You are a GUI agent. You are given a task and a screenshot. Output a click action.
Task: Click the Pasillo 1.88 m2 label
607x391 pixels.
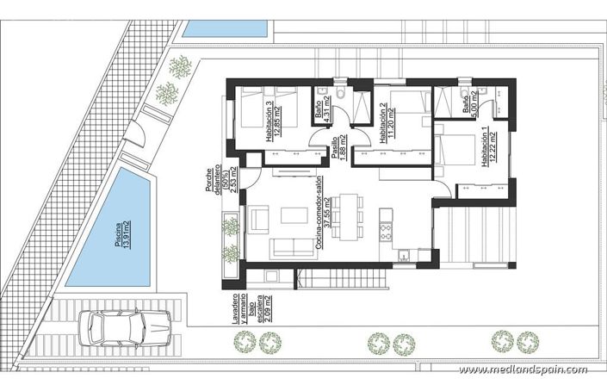pyautogui.click(x=338, y=148)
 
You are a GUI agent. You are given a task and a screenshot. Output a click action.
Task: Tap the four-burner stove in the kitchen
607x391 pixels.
pyautogui.click(x=385, y=231)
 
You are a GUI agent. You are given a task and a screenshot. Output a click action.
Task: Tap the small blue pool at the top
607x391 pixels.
pyautogui.click(x=225, y=28)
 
